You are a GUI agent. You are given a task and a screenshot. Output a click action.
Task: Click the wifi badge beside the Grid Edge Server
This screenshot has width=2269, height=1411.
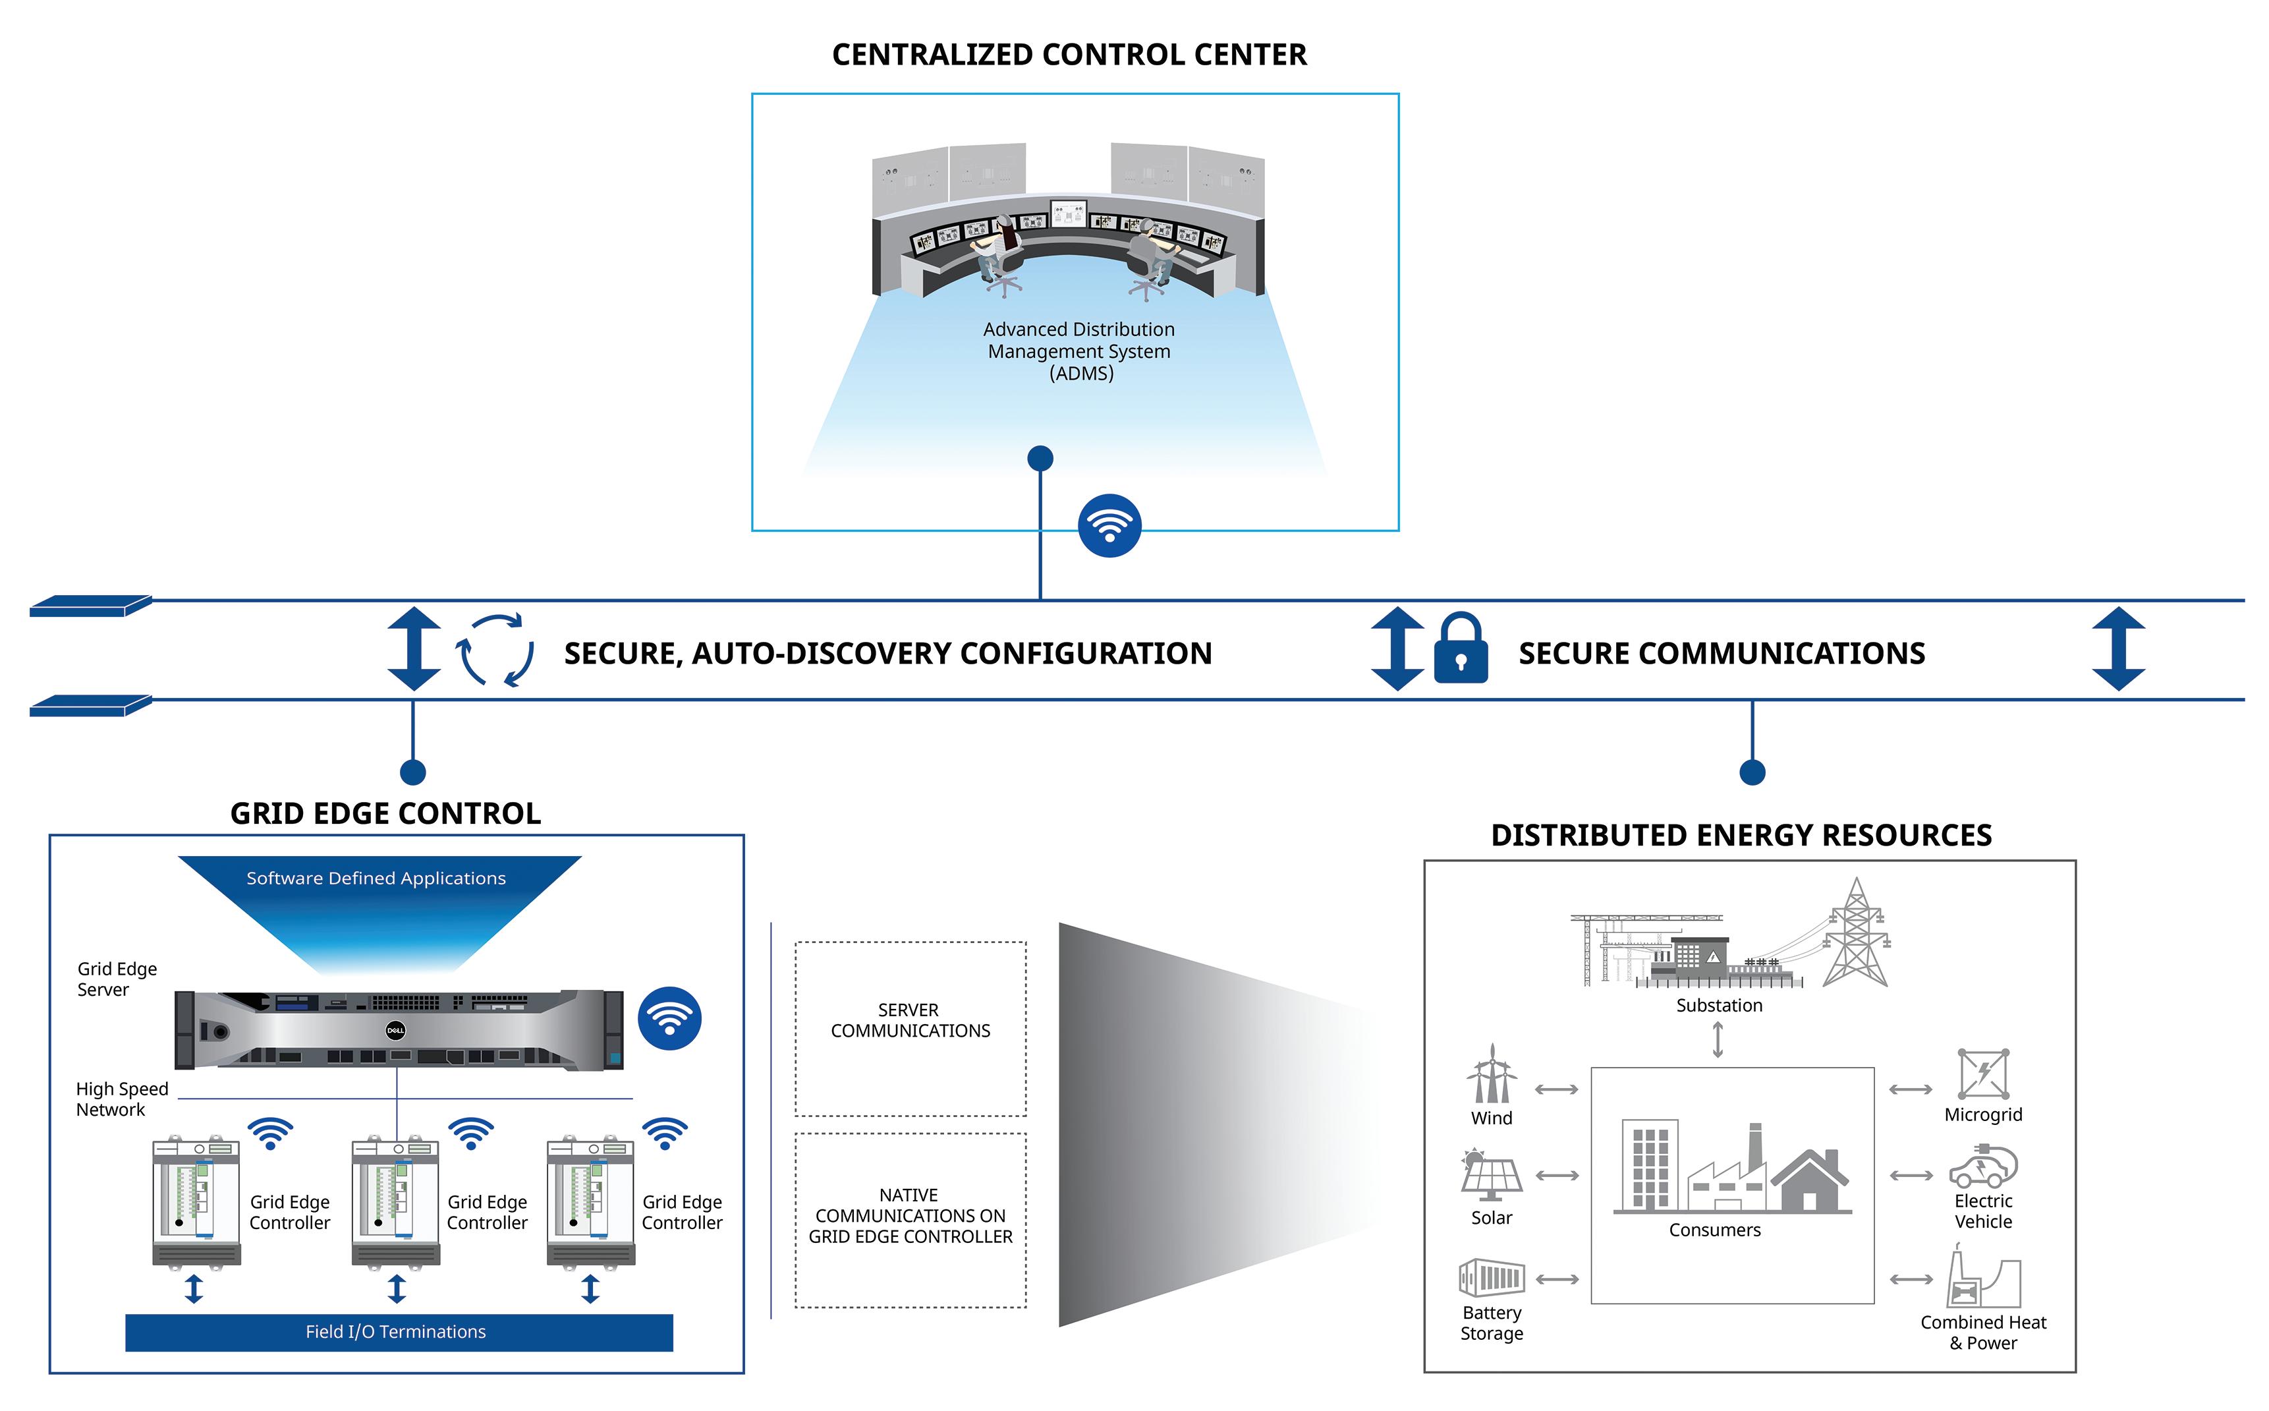coord(669,1018)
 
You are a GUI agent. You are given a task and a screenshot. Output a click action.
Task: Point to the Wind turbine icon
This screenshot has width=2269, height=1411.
coord(1491,1074)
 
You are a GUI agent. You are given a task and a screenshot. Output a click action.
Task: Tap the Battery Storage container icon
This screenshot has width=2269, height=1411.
coord(1491,1278)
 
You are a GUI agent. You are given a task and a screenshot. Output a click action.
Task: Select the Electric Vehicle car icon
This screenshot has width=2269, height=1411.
coord(1982,1167)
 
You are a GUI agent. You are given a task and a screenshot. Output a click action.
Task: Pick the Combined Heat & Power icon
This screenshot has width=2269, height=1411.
coord(1982,1279)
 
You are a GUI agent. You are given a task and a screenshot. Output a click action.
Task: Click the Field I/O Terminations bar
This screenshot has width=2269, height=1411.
coord(399,1332)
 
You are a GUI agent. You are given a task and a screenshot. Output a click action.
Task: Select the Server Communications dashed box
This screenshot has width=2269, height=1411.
coord(910,1028)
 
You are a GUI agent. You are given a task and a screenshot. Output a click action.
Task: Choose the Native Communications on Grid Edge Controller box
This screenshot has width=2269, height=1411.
coord(910,1220)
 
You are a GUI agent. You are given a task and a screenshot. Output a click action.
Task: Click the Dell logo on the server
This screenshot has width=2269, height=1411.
coord(395,1030)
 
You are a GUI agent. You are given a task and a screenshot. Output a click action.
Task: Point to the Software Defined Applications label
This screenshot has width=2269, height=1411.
coord(376,878)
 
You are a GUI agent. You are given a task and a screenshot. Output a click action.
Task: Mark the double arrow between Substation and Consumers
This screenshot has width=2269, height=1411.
coord(1718,1039)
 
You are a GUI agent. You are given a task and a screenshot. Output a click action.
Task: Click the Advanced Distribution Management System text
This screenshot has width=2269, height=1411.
coord(1079,351)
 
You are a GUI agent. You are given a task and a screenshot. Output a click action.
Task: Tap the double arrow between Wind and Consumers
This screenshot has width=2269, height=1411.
coord(1556,1089)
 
